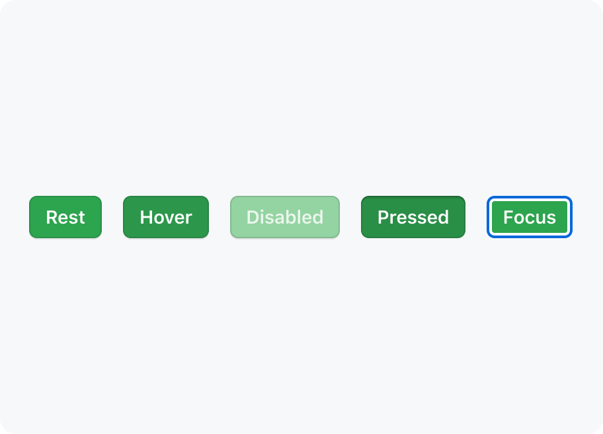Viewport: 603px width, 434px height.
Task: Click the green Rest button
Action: (65, 217)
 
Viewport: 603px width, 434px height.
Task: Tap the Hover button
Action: (166, 217)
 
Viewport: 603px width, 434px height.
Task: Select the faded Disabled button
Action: (285, 217)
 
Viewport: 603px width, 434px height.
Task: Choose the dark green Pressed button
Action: (413, 217)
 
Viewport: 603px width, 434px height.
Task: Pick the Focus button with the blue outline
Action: (530, 217)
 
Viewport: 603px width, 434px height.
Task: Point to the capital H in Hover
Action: (146, 218)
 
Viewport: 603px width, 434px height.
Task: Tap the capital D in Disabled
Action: (253, 218)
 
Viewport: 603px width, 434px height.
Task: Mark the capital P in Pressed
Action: (383, 218)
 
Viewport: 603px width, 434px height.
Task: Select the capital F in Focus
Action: (508, 218)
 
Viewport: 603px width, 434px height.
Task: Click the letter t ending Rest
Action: (81, 218)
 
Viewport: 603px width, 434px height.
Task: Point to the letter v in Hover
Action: (171, 219)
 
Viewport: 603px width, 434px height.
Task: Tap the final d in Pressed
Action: (444, 218)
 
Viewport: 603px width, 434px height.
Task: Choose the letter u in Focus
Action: (541, 219)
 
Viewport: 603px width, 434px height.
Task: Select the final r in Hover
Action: (189, 219)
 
